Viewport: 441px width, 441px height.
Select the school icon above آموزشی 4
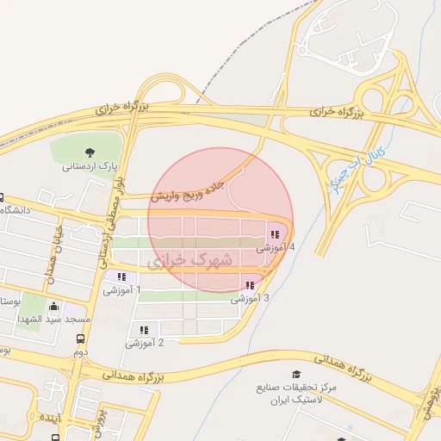click(275, 234)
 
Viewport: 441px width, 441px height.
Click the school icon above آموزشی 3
click(250, 285)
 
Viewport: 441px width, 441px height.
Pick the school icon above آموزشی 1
click(121, 276)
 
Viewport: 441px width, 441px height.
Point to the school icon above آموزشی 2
click(144, 329)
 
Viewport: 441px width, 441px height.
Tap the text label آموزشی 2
click(145, 343)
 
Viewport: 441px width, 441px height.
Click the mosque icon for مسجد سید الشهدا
click(55, 306)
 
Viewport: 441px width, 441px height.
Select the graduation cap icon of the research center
click(296, 374)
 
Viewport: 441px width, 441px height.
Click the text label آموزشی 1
click(122, 290)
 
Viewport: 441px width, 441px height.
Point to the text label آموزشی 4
click(276, 248)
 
